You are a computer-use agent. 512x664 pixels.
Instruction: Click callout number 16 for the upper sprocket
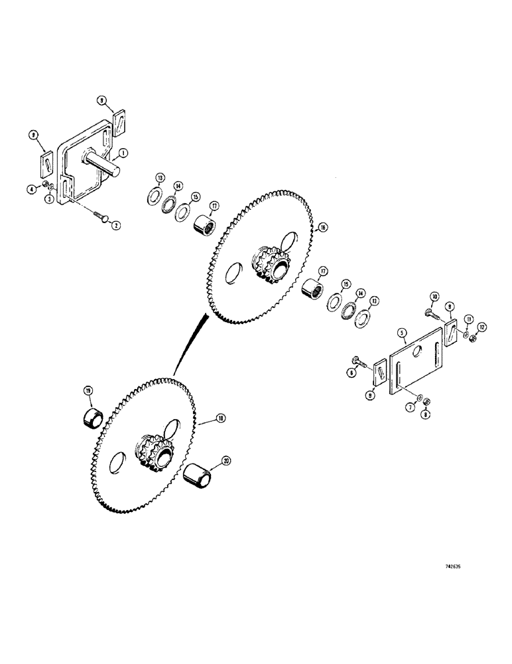tap(322, 227)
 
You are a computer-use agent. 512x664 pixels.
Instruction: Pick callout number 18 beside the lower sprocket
tap(220, 419)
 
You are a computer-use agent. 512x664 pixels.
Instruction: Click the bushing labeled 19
tap(93, 418)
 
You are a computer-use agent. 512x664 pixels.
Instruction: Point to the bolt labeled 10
tap(428, 310)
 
